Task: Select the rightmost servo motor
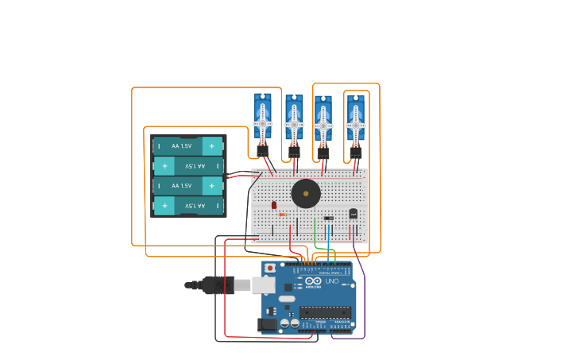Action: pyautogui.click(x=355, y=121)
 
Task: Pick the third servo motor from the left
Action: pyautogui.click(x=323, y=121)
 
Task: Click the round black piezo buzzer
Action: pyautogui.click(x=306, y=193)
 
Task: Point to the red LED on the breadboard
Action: pyautogui.click(x=274, y=205)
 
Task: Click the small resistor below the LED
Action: pyautogui.click(x=283, y=215)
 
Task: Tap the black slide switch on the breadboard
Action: pyautogui.click(x=328, y=218)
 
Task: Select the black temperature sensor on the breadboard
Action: pyautogui.click(x=354, y=213)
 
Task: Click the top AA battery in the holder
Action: pyautogui.click(x=187, y=146)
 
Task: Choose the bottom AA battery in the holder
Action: pyautogui.click(x=187, y=206)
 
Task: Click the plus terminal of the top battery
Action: pyautogui.click(x=212, y=146)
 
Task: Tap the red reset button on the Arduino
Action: pyautogui.click(x=270, y=268)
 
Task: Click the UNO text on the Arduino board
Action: pyautogui.click(x=331, y=281)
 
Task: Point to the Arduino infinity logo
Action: pyautogui.click(x=313, y=281)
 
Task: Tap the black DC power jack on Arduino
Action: pyautogui.click(x=268, y=323)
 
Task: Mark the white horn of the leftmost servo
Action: pyautogui.click(x=262, y=124)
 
